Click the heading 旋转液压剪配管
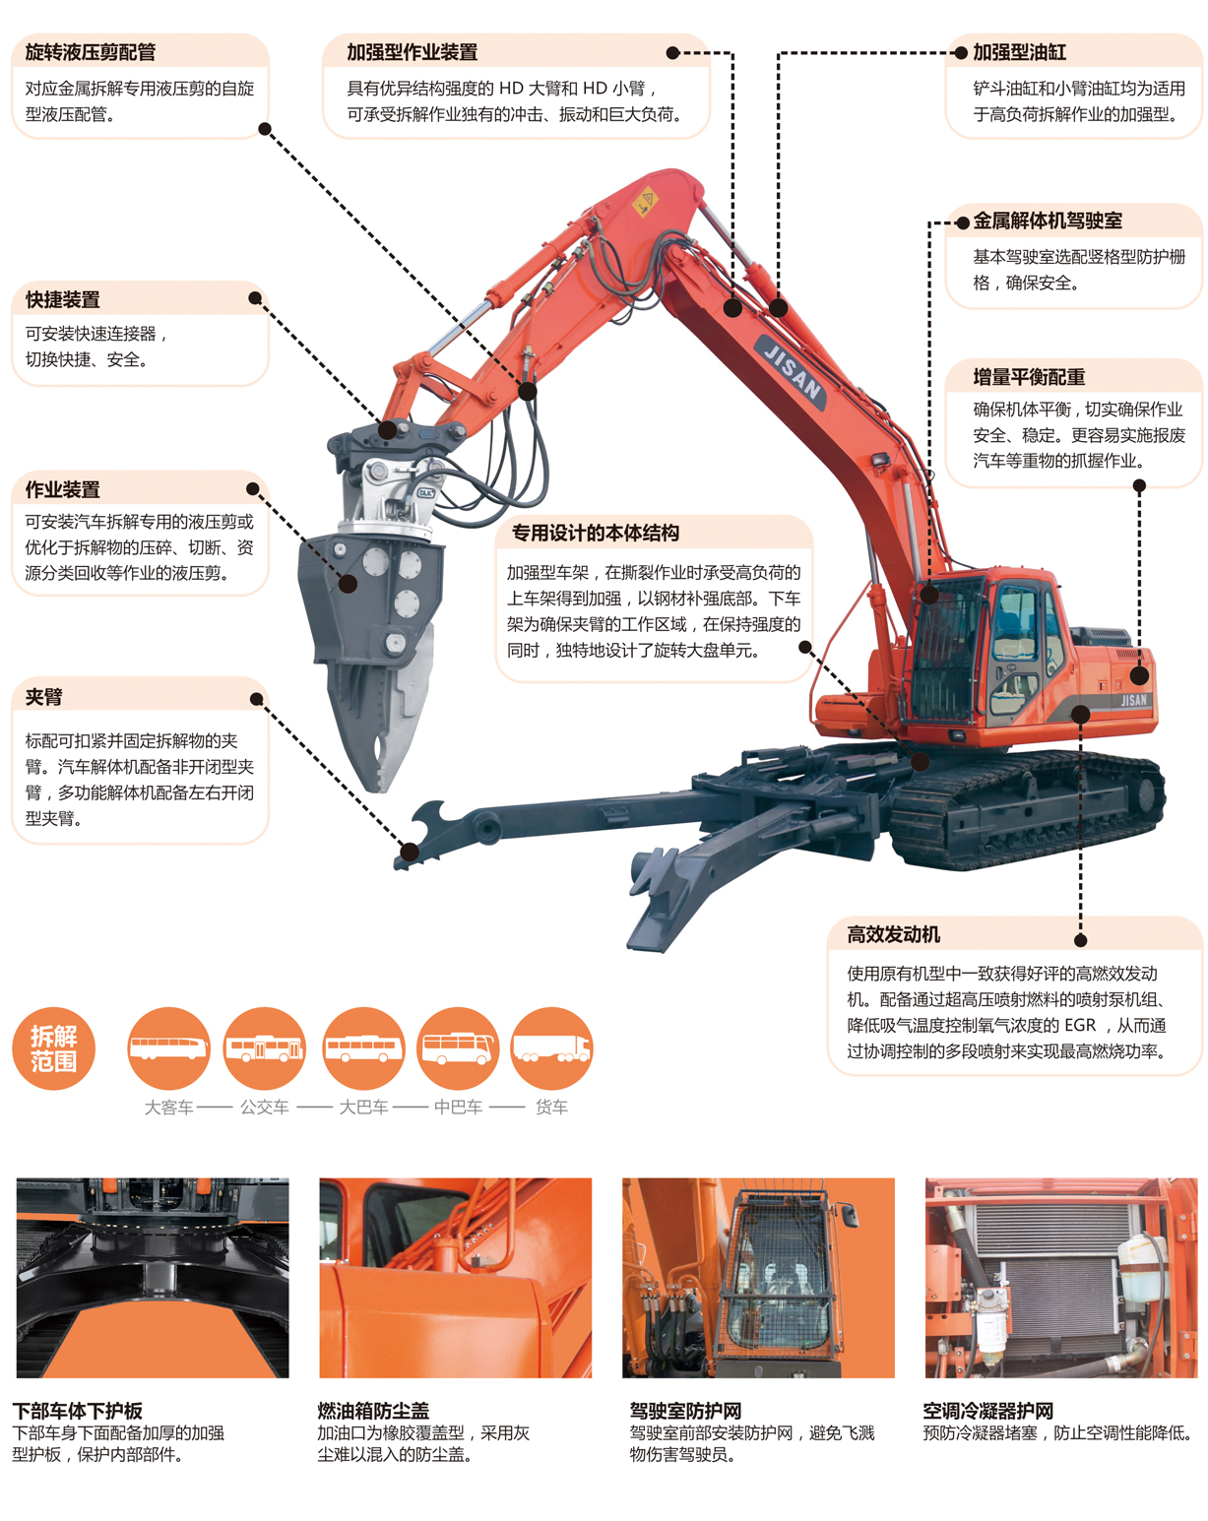pos(90,52)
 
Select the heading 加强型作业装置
pos(413,52)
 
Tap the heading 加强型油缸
pos(1019,52)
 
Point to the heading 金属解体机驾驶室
pos(1048,221)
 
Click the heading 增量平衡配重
pos(1029,377)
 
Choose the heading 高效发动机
pos(894,934)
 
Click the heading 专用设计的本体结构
pos(596,533)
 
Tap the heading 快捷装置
pos(62,299)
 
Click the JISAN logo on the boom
pos(791,372)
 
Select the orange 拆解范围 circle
pos(54,1048)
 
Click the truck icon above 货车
pos(551,1048)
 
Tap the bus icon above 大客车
pos(169,1048)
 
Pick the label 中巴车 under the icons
pos(458,1107)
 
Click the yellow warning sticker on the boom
pos(645,202)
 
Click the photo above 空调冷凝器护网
pos(1061,1278)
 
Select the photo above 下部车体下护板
pos(153,1278)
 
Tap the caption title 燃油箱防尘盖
pos(373,1411)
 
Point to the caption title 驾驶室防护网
pos(685,1411)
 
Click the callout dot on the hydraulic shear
pos(348,584)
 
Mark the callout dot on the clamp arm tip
pos(410,853)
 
